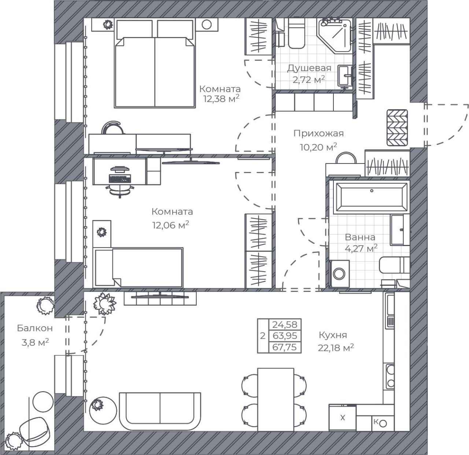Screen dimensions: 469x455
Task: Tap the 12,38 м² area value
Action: [221, 99]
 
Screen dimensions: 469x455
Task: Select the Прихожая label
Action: [318, 133]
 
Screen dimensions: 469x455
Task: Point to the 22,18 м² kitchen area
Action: [336, 348]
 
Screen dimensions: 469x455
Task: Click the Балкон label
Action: [35, 328]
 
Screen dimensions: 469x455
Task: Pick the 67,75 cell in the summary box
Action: [284, 347]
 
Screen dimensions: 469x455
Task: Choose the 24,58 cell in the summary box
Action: [284, 324]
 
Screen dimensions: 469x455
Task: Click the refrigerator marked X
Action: [342, 418]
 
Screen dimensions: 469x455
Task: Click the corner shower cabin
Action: [335, 36]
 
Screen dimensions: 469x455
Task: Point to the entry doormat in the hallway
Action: [397, 128]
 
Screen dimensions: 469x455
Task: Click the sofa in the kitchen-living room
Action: [160, 411]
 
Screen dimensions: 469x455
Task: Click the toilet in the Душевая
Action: [296, 33]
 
